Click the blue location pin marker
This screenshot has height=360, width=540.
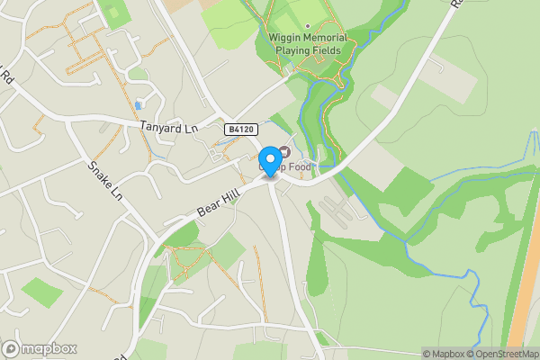[269, 160]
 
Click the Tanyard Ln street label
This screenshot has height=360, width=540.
[168, 129]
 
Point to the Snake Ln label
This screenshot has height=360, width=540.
[104, 180]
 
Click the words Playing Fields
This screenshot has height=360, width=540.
[307, 50]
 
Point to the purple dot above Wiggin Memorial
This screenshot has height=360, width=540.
[307, 25]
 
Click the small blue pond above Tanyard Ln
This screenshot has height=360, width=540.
[138, 105]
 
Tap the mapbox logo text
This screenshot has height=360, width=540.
[49, 349]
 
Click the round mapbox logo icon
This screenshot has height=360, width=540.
[11, 349]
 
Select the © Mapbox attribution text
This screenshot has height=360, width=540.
[445, 354]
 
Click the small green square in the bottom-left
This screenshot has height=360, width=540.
[41, 292]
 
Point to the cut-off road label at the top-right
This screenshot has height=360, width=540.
[455, 5]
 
